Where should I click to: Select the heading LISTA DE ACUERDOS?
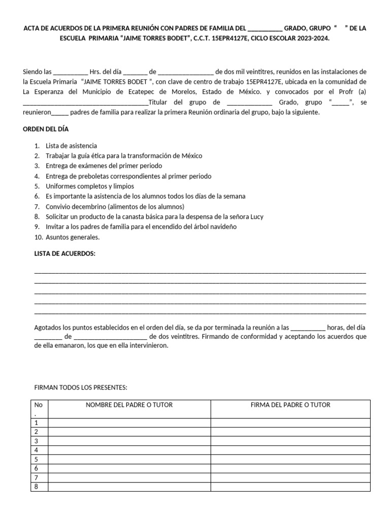[65, 253]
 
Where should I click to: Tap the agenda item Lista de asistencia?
[71, 146]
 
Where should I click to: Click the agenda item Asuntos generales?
[73, 237]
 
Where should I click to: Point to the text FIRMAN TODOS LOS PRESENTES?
[80, 387]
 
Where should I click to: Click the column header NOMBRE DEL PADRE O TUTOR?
[129, 405]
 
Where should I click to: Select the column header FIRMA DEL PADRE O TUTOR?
[290, 405]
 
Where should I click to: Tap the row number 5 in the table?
[36, 459]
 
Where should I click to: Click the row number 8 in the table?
[36, 486]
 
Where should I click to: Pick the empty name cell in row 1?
[129, 422]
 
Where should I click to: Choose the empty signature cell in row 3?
[290, 441]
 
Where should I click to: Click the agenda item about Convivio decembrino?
[115, 206]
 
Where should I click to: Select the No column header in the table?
[38, 405]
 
